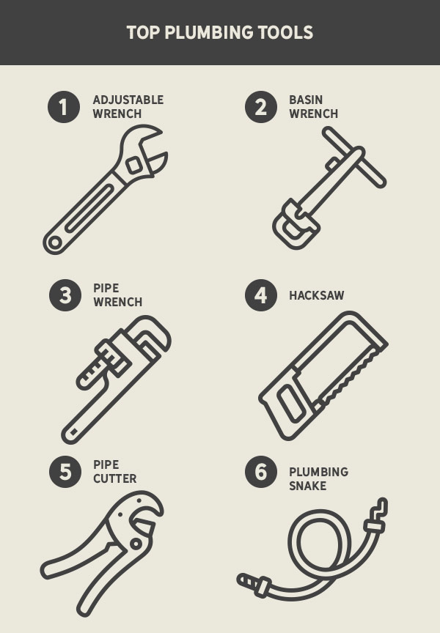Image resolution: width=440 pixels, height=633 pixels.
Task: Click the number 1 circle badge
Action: tap(64, 107)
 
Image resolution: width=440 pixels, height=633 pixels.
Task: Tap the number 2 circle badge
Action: tap(260, 107)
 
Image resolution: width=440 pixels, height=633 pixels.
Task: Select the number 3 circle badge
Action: tap(65, 295)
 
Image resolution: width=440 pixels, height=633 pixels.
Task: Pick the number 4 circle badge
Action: tap(260, 295)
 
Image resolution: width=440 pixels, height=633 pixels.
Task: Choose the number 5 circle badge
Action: tap(65, 471)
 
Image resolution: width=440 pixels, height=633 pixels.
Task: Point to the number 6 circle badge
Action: tap(260, 471)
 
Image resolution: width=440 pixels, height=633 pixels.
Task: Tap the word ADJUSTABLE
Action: tap(128, 100)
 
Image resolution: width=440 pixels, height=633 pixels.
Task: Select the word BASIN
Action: tap(306, 100)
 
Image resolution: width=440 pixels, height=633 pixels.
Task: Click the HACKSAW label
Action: tap(316, 296)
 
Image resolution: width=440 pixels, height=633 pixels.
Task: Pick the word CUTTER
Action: tap(114, 478)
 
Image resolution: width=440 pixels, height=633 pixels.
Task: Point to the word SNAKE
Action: tap(307, 486)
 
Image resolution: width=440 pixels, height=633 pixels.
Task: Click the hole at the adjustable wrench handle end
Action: tap(54, 242)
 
